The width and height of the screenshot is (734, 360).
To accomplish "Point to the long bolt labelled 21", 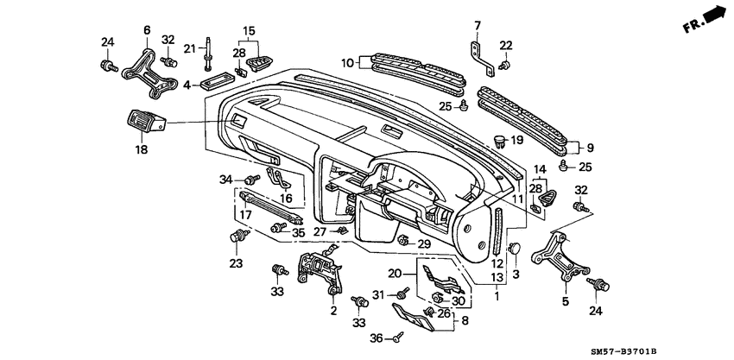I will (x=209, y=53).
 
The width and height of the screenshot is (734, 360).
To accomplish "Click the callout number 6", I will (x=146, y=29).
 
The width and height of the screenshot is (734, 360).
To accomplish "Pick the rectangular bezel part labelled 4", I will (x=217, y=85).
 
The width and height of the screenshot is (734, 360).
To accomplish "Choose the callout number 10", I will (x=347, y=62).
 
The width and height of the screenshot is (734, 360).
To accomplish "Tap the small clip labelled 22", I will (x=504, y=65).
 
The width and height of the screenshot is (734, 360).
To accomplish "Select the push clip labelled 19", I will (x=498, y=139).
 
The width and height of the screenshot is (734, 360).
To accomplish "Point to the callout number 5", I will (x=566, y=302).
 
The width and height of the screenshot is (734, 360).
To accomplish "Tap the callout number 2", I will (x=333, y=313).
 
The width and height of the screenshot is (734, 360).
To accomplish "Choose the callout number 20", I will (x=395, y=274).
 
